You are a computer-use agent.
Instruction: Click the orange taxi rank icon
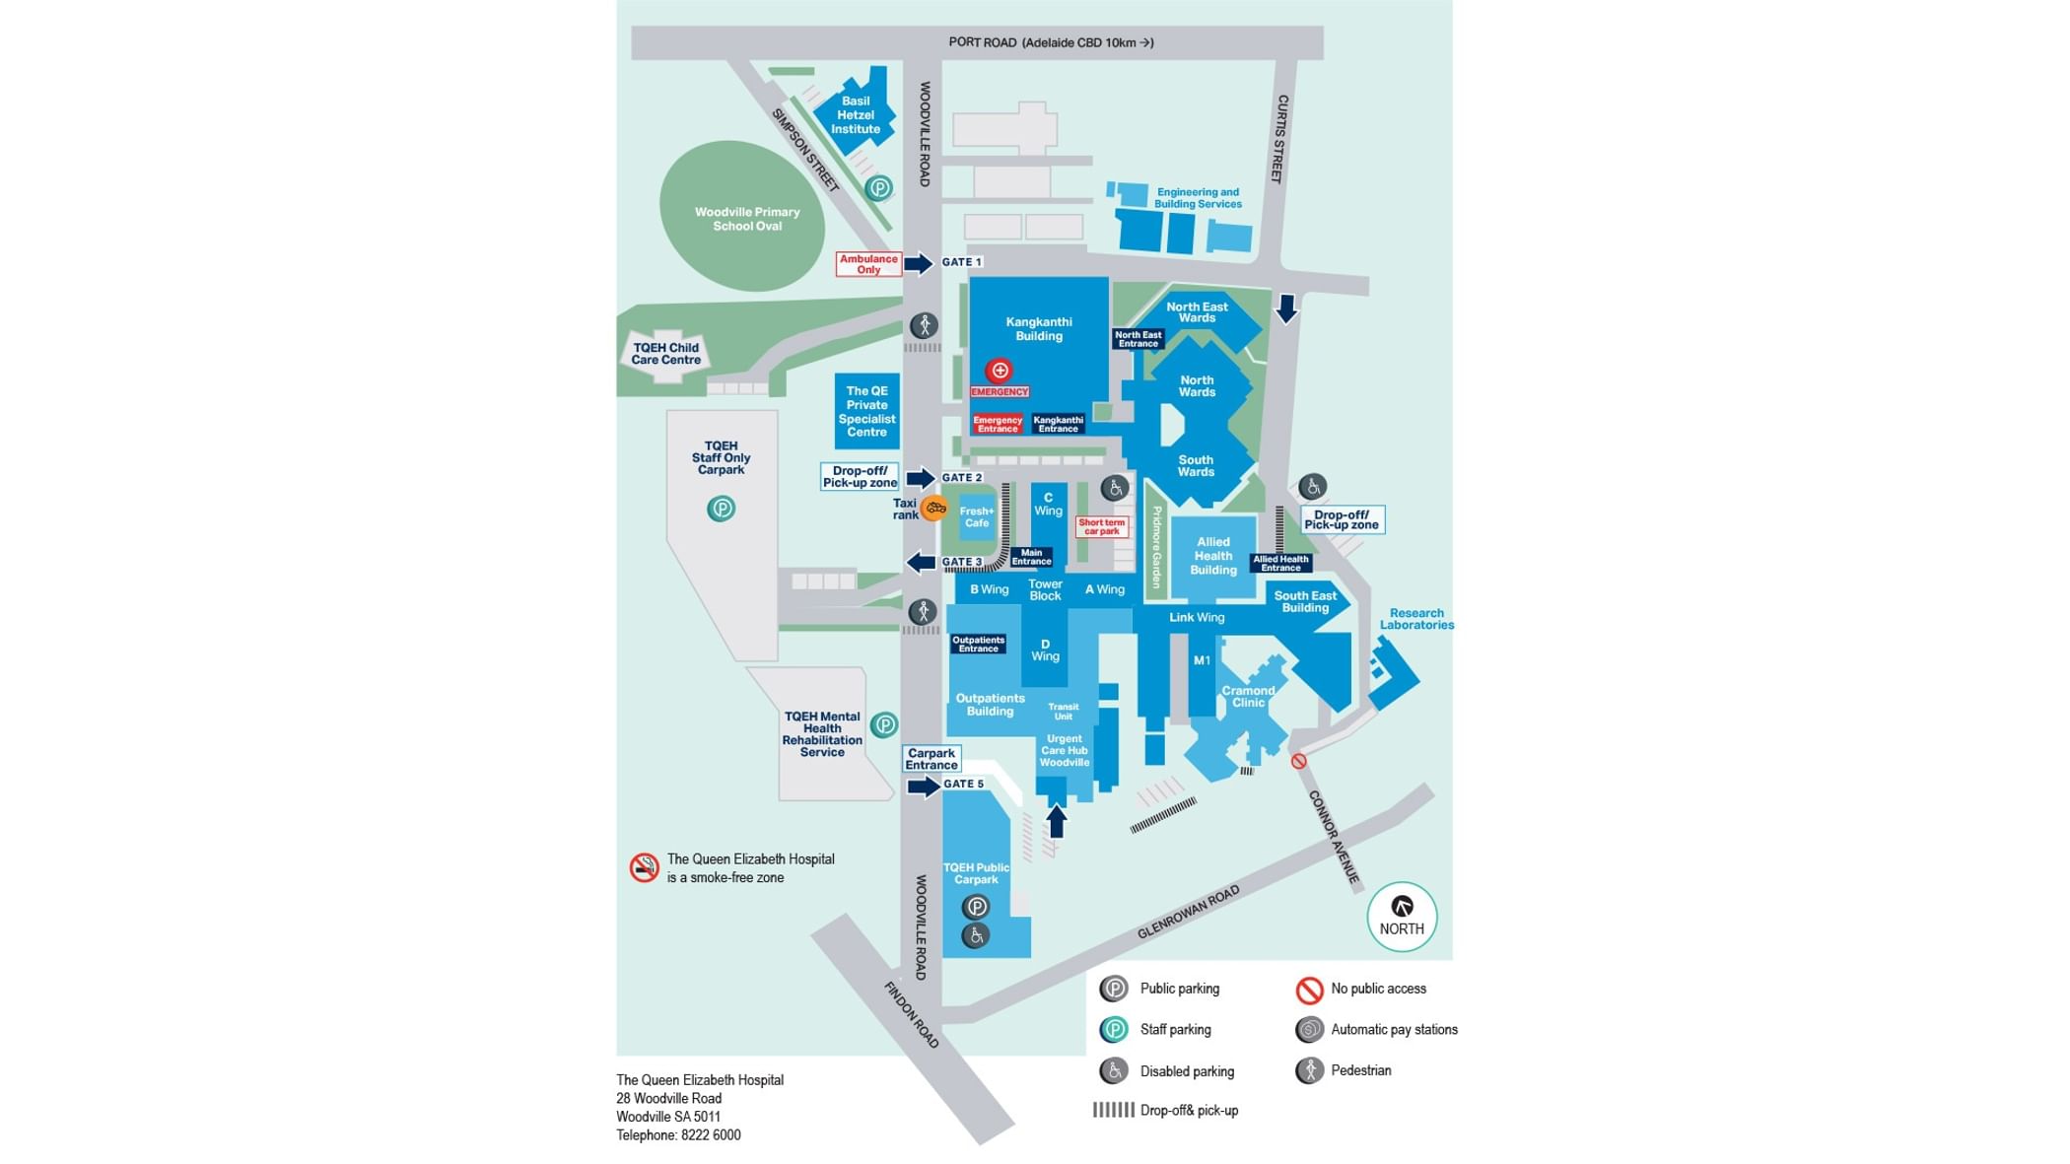click(934, 509)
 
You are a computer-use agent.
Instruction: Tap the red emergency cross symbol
click(1000, 371)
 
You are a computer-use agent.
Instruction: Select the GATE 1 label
click(961, 262)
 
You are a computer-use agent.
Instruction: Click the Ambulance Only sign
click(868, 264)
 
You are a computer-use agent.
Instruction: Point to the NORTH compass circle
click(1402, 917)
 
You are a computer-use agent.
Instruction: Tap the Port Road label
click(1051, 42)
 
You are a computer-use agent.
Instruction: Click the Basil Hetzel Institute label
click(856, 115)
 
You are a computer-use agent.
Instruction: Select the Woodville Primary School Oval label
click(747, 219)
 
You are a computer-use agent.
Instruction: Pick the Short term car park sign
click(1101, 527)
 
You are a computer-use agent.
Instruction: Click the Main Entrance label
click(1031, 557)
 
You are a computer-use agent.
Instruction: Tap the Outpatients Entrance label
click(978, 645)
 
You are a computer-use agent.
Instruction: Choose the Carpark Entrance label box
click(931, 759)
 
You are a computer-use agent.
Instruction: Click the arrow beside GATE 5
click(924, 787)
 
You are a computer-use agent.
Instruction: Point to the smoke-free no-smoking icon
click(645, 867)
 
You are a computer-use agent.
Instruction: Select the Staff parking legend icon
click(1114, 1030)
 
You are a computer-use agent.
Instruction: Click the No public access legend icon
click(1309, 990)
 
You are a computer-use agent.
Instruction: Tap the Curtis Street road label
click(1279, 139)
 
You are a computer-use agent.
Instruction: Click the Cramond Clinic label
click(1248, 697)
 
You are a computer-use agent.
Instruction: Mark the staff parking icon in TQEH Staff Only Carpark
click(721, 509)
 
